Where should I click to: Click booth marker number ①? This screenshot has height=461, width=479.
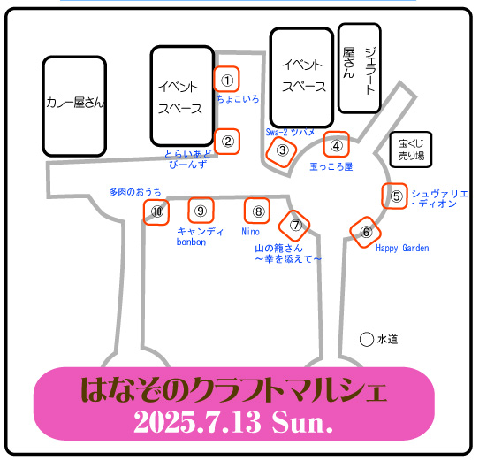tap(226, 79)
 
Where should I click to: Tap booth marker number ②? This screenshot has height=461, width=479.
tap(227, 142)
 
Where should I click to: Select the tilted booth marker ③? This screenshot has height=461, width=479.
tap(281, 151)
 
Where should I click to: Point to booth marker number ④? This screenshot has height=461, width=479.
tap(337, 144)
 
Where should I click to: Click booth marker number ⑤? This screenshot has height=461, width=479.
tap(394, 196)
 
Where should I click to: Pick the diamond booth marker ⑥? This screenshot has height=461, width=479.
tap(365, 232)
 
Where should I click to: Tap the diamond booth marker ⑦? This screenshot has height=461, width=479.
tap(294, 226)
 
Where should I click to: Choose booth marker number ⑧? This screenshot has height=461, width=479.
tap(257, 211)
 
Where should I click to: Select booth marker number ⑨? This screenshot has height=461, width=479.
tap(201, 211)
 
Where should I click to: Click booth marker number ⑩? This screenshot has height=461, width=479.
tap(156, 212)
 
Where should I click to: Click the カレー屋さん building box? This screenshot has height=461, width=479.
tap(74, 106)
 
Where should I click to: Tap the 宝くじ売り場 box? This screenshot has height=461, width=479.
tap(411, 150)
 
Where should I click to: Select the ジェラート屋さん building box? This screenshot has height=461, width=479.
tap(360, 68)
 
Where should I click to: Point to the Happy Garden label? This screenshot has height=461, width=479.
tap(402, 248)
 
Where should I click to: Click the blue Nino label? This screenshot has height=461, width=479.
tap(250, 232)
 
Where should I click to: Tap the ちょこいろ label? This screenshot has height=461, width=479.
tap(238, 99)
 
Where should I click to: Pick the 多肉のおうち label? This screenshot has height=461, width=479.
tap(135, 192)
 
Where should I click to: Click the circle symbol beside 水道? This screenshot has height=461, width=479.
tap(367, 339)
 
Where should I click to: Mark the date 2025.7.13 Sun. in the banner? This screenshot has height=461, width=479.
tap(233, 423)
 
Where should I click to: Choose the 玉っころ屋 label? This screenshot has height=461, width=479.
tap(331, 166)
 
